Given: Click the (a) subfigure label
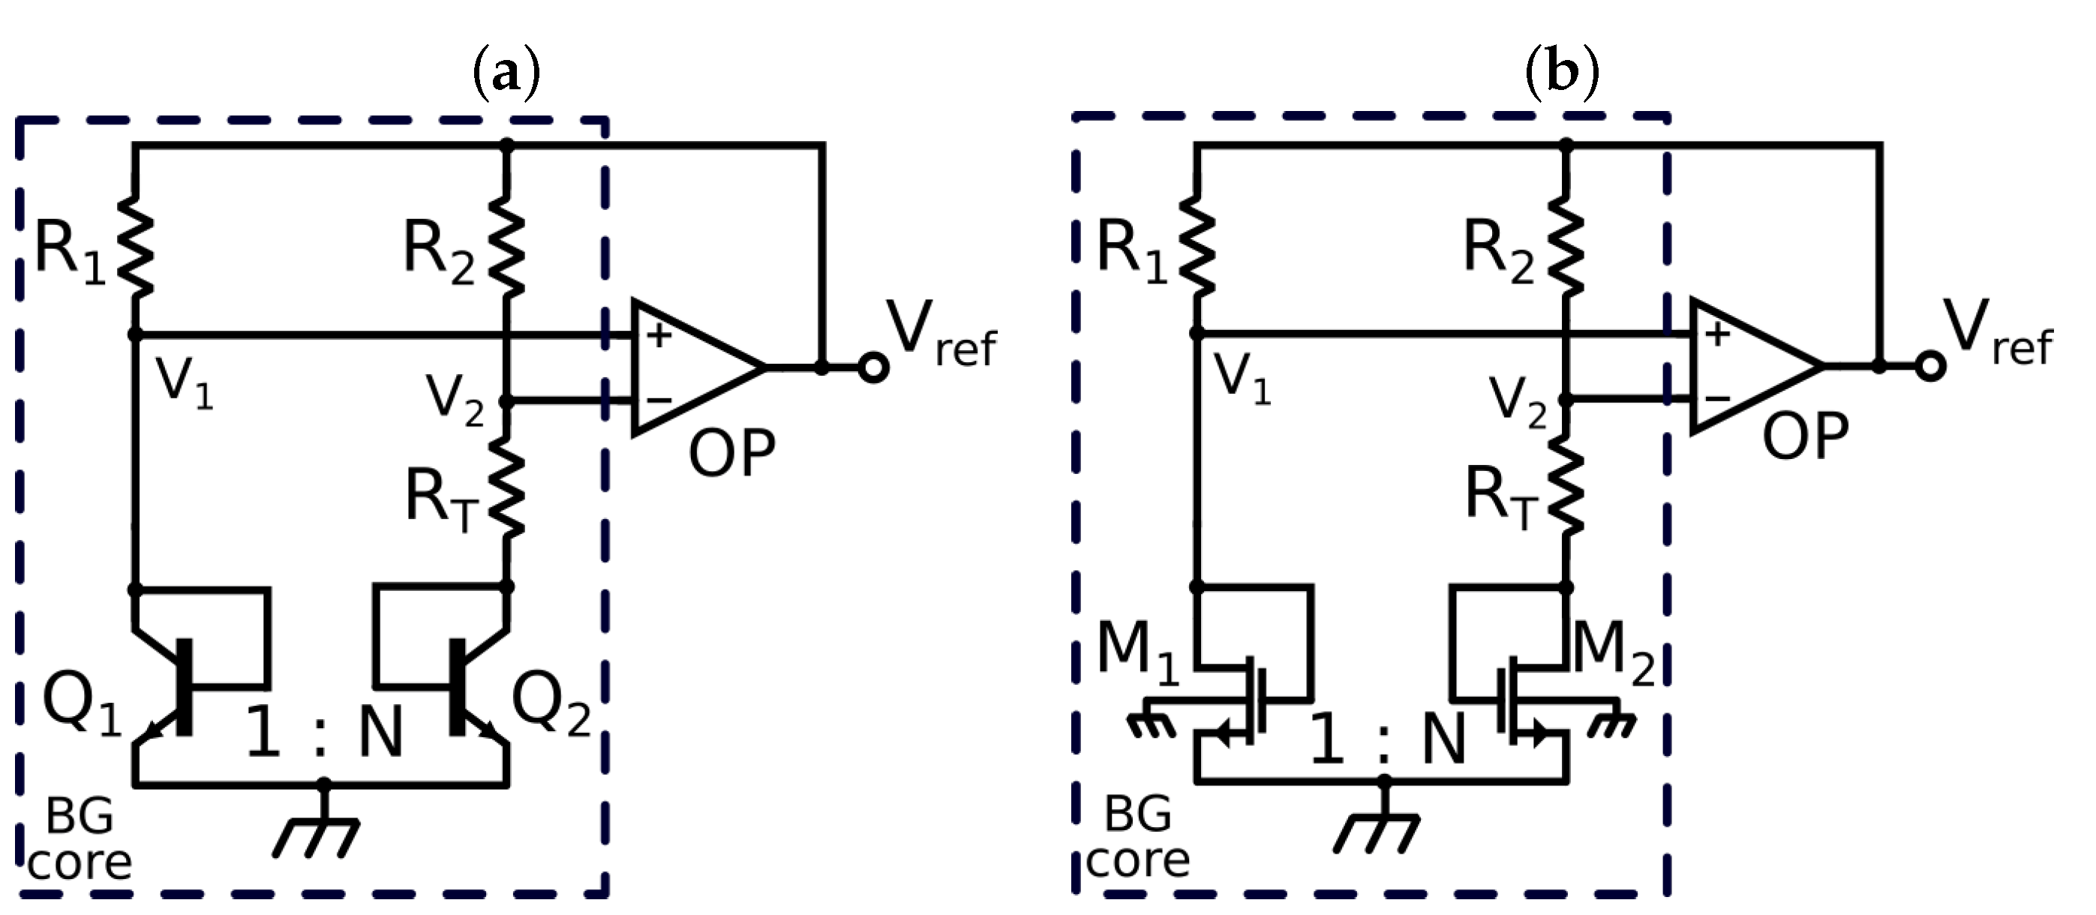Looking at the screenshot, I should pyautogui.click(x=506, y=73).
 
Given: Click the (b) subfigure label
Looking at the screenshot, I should pyautogui.click(x=1561, y=73).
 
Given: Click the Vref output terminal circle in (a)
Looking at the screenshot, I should pyautogui.click(x=873, y=368).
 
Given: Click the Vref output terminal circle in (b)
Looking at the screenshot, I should pyautogui.click(x=1931, y=366).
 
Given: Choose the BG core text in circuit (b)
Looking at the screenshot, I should pyautogui.click(x=1137, y=838).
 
